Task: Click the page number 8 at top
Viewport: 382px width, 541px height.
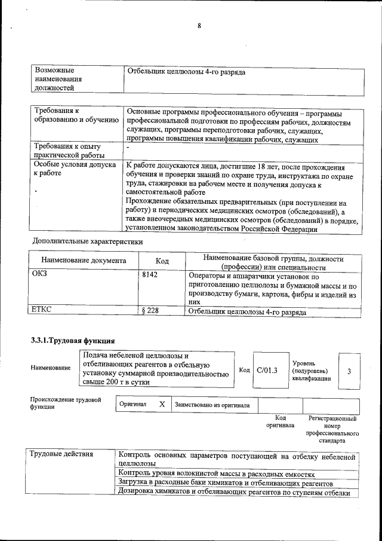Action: pyautogui.click(x=199, y=26)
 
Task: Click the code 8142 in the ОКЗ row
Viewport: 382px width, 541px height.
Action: pyautogui.click(x=150, y=274)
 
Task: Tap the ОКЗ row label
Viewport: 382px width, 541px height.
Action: pyautogui.click(x=40, y=274)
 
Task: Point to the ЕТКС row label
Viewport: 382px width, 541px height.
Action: pyautogui.click(x=42, y=309)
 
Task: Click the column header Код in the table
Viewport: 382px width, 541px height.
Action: pyautogui.click(x=162, y=261)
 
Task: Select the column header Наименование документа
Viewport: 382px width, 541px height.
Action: pyautogui.click(x=84, y=261)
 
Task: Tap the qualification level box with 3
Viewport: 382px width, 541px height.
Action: pyautogui.click(x=349, y=371)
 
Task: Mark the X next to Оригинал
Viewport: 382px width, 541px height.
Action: pyautogui.click(x=162, y=404)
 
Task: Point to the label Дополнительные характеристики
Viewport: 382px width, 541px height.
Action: pyautogui.click(x=87, y=242)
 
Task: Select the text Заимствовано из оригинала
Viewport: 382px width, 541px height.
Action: pyautogui.click(x=212, y=405)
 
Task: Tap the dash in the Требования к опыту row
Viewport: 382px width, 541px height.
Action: pyautogui.click(x=128, y=146)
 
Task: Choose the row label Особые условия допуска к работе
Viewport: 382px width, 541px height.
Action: pyautogui.click(x=75, y=170)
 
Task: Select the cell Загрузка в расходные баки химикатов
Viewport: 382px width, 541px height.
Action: pyautogui.click(x=224, y=482)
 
